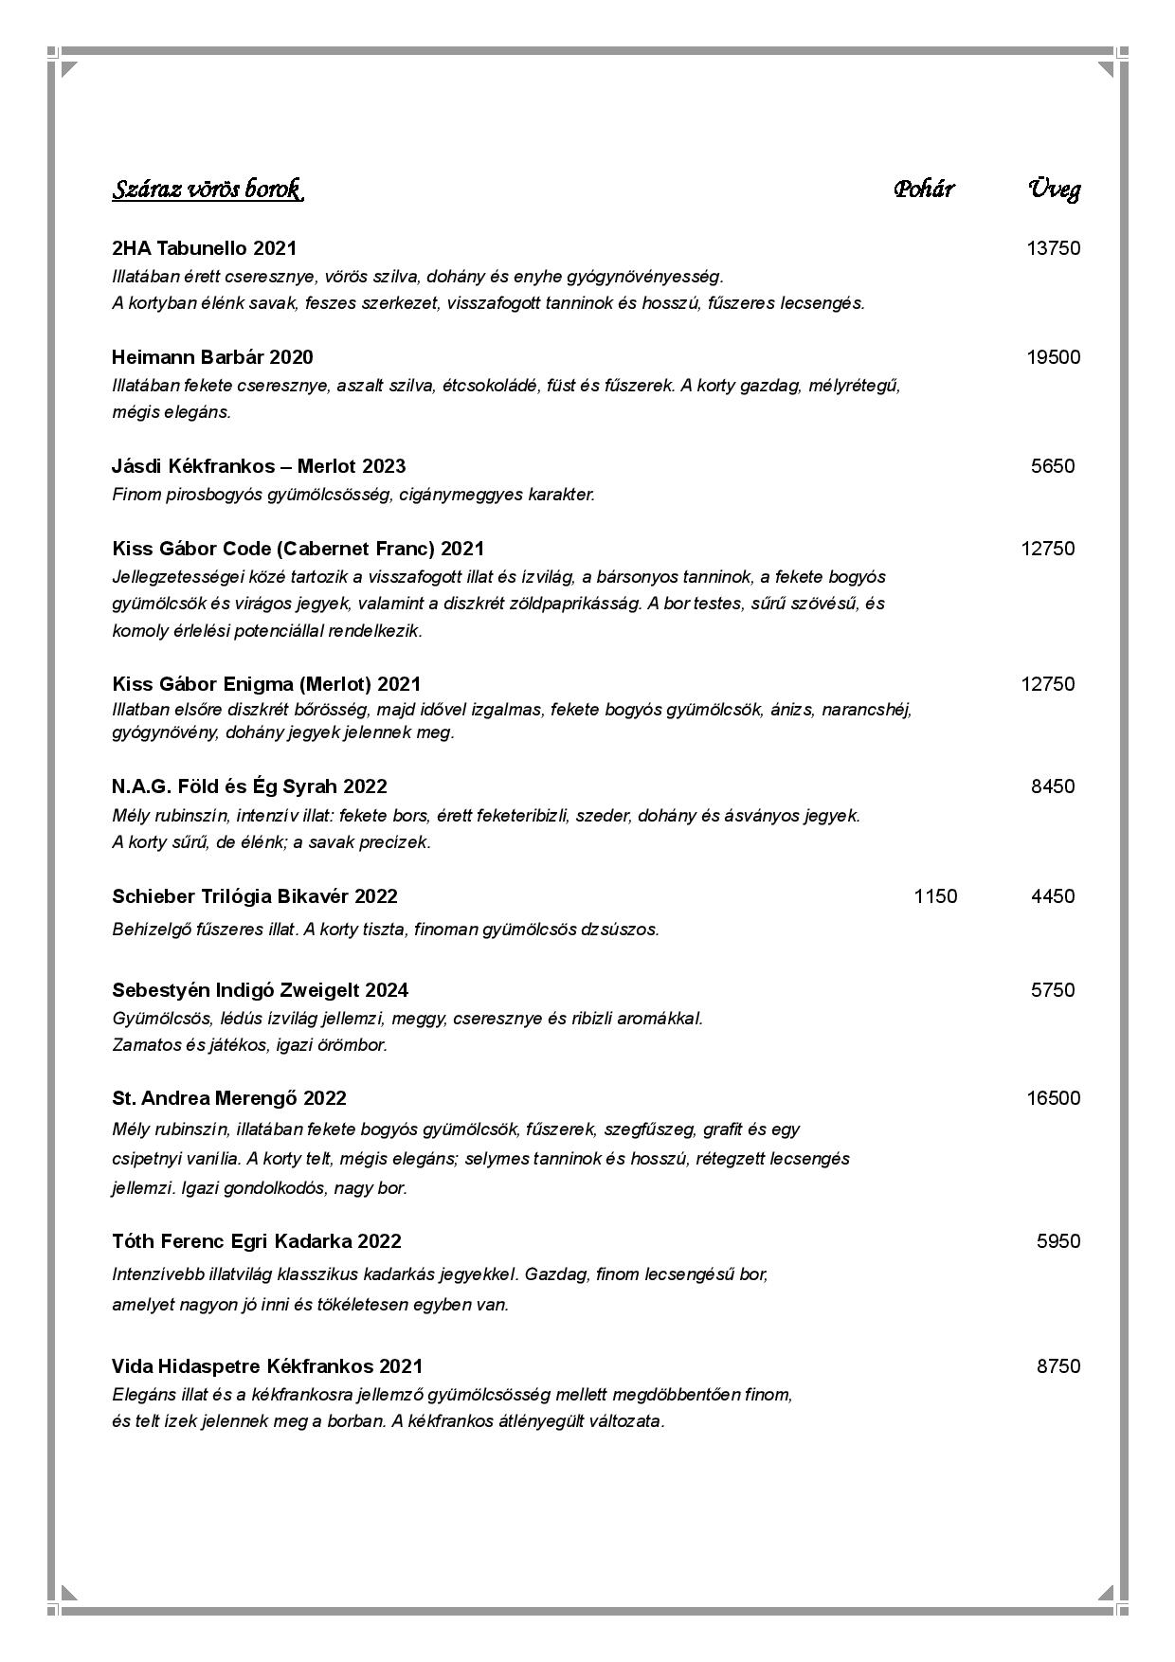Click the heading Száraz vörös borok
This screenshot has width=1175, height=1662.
(208, 190)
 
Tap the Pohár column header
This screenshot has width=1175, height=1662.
(923, 190)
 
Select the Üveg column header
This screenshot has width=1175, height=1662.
(1054, 190)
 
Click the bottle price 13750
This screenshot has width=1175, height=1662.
(1053, 248)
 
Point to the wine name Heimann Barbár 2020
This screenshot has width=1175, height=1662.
(212, 357)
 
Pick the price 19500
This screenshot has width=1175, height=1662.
(1053, 357)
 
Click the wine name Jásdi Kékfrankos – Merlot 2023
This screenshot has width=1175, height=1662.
(259, 466)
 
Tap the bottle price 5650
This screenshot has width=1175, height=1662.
(1053, 466)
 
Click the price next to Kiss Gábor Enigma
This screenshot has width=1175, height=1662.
(1047, 684)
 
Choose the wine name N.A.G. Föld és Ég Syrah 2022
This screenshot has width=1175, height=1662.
(249, 786)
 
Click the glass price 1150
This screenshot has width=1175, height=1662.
(935, 896)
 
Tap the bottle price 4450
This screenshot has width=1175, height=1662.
(1053, 896)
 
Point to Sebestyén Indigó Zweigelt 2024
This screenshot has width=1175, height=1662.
(260, 990)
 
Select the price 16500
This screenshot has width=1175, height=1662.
(1053, 1098)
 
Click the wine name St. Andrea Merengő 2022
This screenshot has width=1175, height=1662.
(229, 1098)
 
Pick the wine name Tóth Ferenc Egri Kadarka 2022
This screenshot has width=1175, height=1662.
(256, 1241)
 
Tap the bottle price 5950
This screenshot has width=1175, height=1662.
(1057, 1241)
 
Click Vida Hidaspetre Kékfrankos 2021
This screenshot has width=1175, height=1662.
(267, 1366)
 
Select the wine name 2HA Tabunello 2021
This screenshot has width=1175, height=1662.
(204, 248)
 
